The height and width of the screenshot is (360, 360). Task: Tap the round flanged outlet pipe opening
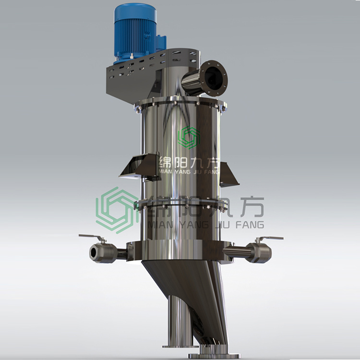214,78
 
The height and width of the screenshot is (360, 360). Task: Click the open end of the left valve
94,253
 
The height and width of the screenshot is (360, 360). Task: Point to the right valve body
259,252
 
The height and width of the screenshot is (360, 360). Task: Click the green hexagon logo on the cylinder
189,137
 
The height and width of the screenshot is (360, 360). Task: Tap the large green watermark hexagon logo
116,210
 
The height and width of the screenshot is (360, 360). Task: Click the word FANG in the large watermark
250,225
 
